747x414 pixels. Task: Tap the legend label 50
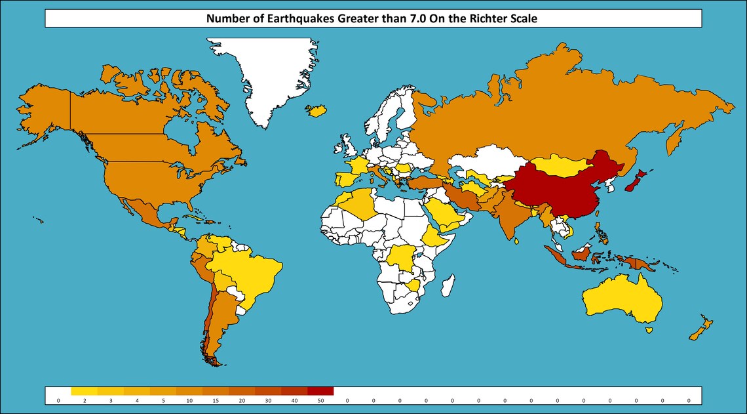pos(320,400)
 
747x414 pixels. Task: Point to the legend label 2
pos(85,400)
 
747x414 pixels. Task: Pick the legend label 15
pos(216,400)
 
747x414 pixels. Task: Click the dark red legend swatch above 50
pos(320,391)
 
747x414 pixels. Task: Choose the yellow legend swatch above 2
pos(85,391)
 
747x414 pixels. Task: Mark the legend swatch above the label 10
pos(189,391)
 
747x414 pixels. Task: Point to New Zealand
pos(701,328)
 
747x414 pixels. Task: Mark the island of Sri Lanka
pos(518,241)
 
